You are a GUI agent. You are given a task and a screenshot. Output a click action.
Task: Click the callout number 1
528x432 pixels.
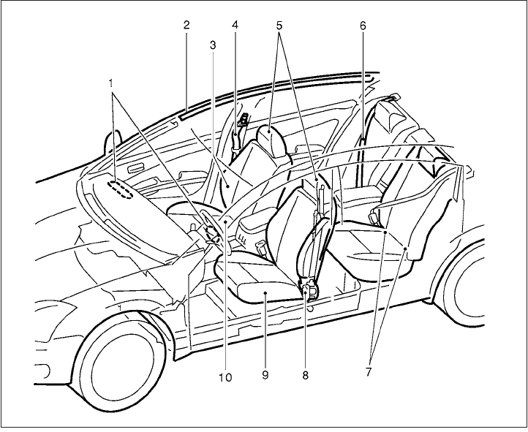click(111, 83)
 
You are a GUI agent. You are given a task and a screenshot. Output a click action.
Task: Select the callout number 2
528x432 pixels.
click(186, 24)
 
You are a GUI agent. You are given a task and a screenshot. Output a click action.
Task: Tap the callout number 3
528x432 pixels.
click(212, 44)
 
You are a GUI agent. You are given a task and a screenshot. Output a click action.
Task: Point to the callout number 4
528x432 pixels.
click(235, 24)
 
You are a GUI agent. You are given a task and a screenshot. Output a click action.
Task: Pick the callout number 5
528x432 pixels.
click(279, 24)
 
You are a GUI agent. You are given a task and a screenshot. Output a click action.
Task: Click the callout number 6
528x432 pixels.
click(363, 24)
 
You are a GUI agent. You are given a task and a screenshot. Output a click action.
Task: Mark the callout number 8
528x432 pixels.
click(306, 374)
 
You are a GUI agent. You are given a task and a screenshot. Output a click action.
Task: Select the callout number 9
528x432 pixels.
click(265, 374)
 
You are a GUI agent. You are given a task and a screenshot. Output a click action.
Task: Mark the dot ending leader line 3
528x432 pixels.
click(228, 187)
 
